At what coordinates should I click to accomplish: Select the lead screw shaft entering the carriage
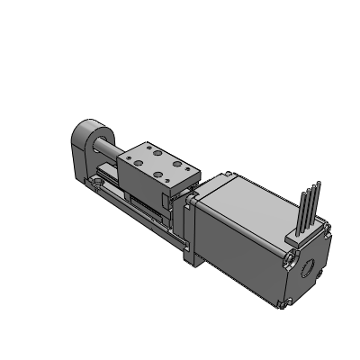click(x=114, y=148)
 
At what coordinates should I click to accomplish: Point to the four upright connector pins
click(x=309, y=205)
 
